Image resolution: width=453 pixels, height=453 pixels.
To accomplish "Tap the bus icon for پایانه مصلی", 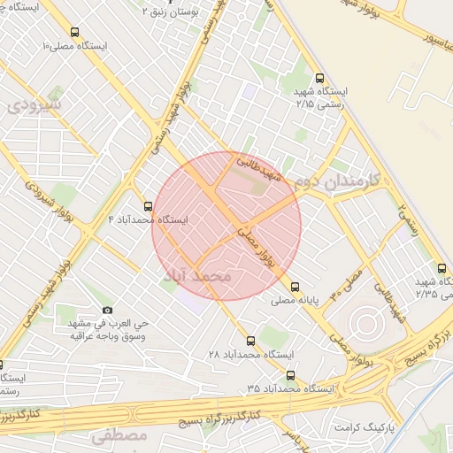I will [295, 287].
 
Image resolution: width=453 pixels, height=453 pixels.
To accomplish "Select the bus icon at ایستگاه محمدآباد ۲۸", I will [250, 340].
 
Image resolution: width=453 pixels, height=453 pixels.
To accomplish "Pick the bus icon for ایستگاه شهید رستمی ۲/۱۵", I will [319, 78].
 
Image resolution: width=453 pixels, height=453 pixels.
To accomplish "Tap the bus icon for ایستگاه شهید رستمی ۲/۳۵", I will [441, 268].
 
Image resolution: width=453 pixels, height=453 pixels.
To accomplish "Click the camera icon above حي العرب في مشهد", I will [108, 310].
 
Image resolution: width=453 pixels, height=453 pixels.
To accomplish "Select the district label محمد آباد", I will [197, 277].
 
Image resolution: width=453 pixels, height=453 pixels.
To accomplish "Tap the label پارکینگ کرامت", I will [365, 426].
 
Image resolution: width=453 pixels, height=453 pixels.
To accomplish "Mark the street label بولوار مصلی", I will [257, 245].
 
